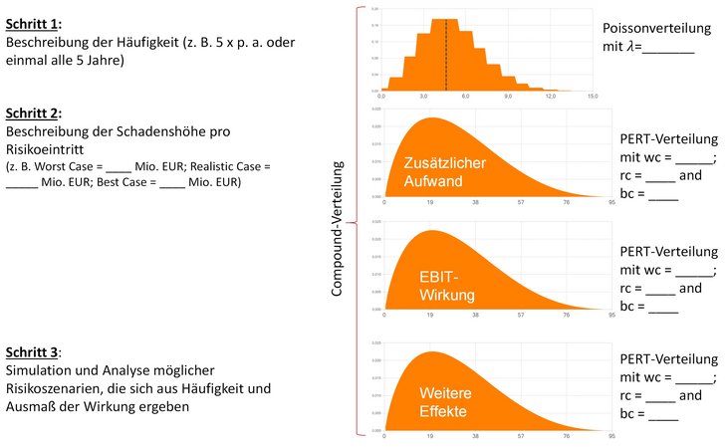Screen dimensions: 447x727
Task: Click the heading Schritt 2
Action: pos(33,112)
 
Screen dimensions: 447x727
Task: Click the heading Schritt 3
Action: pos(33,352)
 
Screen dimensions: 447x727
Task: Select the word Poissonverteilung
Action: pos(653,29)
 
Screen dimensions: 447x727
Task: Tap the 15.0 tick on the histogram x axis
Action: pos(592,97)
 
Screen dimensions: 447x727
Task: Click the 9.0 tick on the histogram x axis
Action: pos(508,97)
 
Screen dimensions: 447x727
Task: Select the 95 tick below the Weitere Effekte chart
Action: pos(611,436)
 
